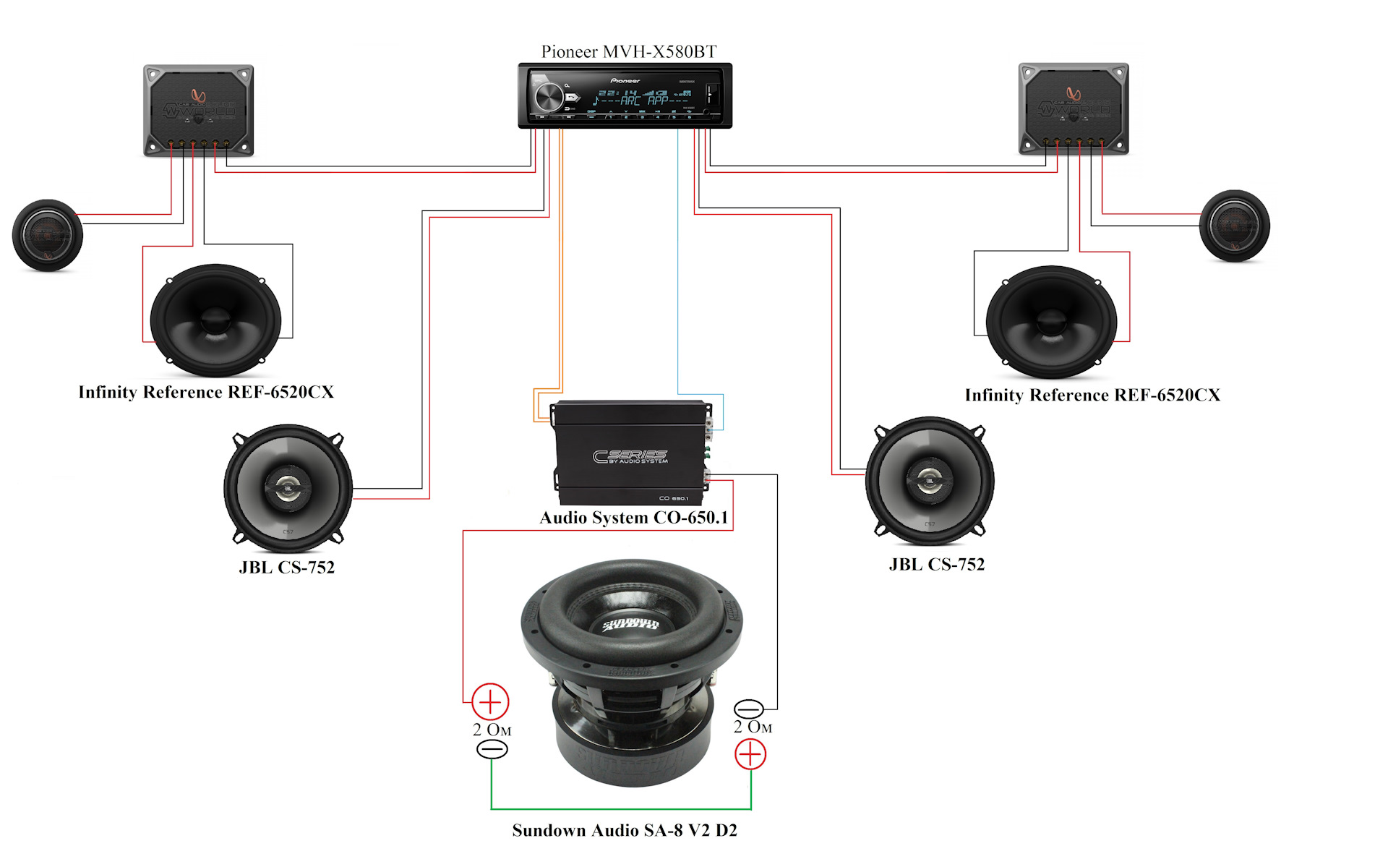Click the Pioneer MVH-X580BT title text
coord(629,51)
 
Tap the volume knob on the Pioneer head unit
coord(549,96)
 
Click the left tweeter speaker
coord(48,235)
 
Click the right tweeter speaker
coord(1234,226)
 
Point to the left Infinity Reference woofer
coord(215,320)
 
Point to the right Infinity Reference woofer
coord(1051,322)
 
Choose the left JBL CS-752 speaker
coord(288,488)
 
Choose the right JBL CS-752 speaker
coord(930,480)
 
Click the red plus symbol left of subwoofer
coord(490,701)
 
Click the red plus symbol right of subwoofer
coord(750,754)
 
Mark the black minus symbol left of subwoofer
coord(492,749)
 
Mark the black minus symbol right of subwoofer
coord(748,709)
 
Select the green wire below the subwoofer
coord(622,809)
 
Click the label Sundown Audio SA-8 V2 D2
coord(625,830)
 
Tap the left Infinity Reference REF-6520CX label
coord(206,392)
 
